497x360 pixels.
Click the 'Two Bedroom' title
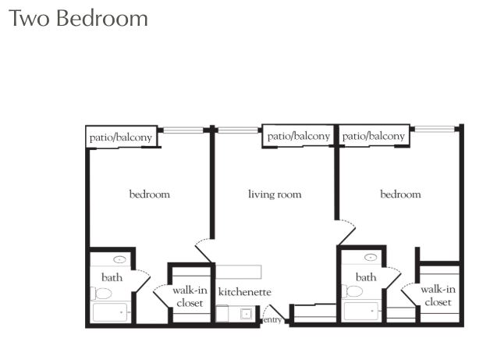pyautogui.click(x=78, y=18)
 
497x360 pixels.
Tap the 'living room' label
pyautogui.click(x=275, y=194)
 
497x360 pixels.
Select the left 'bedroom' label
pyautogui.click(x=149, y=194)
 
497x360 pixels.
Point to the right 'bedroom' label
pyautogui.click(x=400, y=194)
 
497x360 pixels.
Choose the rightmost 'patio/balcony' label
pyautogui.click(x=374, y=136)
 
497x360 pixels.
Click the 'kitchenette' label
pyautogui.click(x=244, y=292)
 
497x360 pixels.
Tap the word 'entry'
pyautogui.click(x=272, y=319)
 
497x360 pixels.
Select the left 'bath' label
pyautogui.click(x=112, y=277)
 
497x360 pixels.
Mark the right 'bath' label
pyautogui.click(x=366, y=277)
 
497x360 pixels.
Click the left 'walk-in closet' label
pyautogui.click(x=189, y=297)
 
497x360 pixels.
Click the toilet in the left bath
pyautogui.click(x=101, y=294)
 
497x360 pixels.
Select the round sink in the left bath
pyautogui.click(x=120, y=259)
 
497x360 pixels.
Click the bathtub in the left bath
pyautogui.click(x=110, y=312)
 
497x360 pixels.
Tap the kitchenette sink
pyautogui.click(x=246, y=314)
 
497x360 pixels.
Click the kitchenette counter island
pyautogui.click(x=237, y=271)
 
